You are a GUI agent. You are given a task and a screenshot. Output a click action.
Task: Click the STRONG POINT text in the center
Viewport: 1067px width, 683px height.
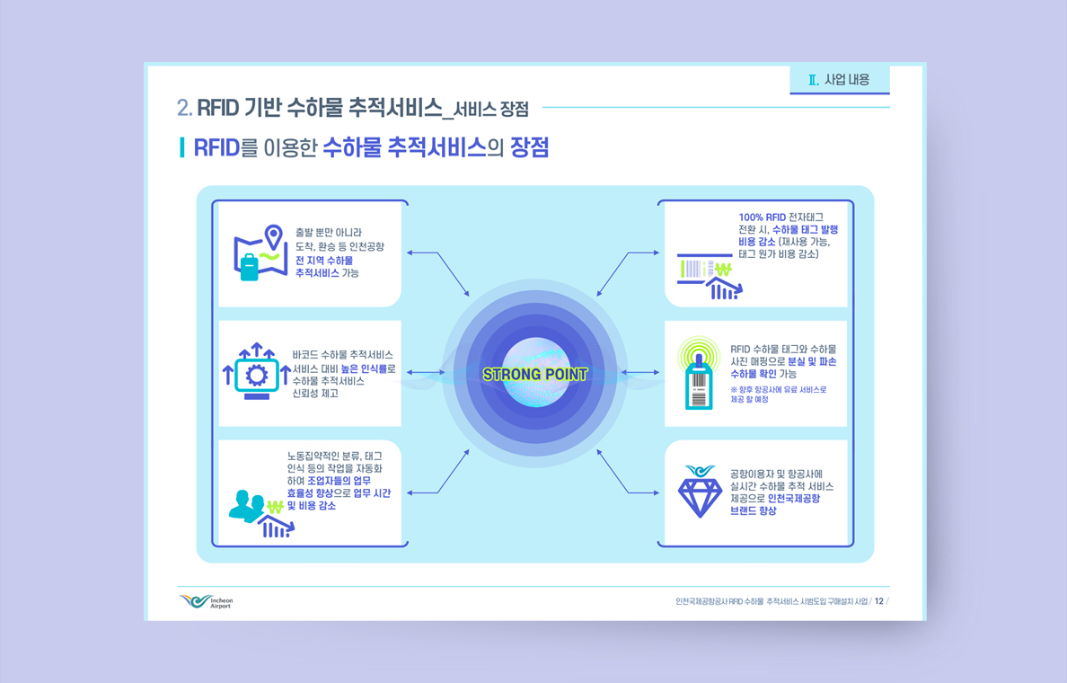[x=535, y=374]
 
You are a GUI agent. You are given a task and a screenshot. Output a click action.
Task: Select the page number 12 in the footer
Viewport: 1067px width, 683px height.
[x=878, y=601]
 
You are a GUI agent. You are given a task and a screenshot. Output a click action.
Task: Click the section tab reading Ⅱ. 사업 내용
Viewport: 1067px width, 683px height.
[x=839, y=80]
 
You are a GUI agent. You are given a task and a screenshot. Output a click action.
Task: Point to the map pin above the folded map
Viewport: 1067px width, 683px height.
[x=274, y=236]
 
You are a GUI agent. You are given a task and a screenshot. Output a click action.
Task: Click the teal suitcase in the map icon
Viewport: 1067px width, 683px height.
[x=249, y=267]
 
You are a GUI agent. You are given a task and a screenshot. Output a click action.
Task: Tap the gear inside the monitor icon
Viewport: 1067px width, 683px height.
[x=257, y=376]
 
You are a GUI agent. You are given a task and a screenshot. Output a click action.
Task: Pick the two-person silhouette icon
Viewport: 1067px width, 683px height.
[x=246, y=506]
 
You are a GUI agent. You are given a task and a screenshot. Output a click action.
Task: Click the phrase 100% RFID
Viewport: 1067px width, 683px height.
[x=763, y=217]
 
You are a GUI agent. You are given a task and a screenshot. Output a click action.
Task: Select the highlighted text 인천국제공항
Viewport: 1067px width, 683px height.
[x=794, y=499]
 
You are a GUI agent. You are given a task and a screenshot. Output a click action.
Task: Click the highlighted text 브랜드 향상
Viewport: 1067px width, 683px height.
[x=754, y=510]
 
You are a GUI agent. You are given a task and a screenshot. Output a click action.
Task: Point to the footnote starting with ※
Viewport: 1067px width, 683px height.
[x=779, y=395]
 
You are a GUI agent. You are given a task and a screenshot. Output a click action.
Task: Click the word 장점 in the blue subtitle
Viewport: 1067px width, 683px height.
[x=529, y=147]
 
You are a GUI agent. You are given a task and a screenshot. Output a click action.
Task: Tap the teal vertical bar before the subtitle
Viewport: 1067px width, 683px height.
[x=181, y=147]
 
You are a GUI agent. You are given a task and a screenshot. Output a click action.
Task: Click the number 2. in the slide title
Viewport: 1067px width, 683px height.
[x=184, y=108]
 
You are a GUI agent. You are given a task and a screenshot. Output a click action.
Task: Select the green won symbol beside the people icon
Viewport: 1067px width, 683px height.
[x=275, y=507]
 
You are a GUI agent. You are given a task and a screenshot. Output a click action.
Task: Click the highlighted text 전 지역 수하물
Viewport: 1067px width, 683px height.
[x=324, y=261]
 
